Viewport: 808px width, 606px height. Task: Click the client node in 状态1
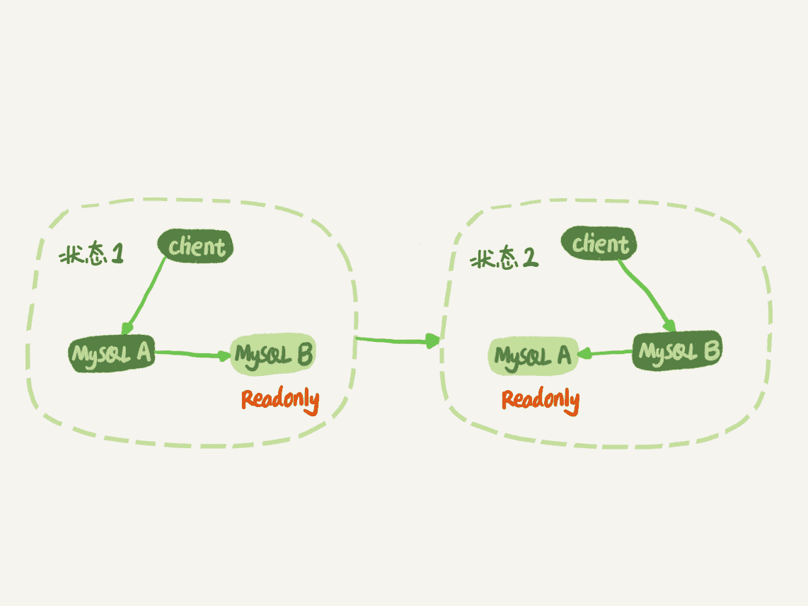point(196,246)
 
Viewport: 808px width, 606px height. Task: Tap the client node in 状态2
point(599,244)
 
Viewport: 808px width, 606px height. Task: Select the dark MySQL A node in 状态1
point(112,354)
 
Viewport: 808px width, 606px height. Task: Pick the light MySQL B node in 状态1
point(273,354)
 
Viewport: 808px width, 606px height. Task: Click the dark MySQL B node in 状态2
point(677,350)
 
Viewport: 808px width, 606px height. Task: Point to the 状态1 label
point(91,255)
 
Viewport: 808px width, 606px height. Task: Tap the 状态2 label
point(504,260)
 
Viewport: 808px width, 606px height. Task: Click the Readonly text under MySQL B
point(280,400)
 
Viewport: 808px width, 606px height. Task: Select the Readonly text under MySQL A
point(541,400)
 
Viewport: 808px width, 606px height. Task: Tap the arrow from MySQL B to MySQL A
point(606,353)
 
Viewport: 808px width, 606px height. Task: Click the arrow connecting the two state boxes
point(396,341)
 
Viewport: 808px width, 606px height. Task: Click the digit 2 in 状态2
point(530,259)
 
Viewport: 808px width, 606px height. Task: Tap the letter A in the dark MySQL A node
point(143,353)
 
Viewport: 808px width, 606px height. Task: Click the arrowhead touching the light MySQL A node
point(584,353)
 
